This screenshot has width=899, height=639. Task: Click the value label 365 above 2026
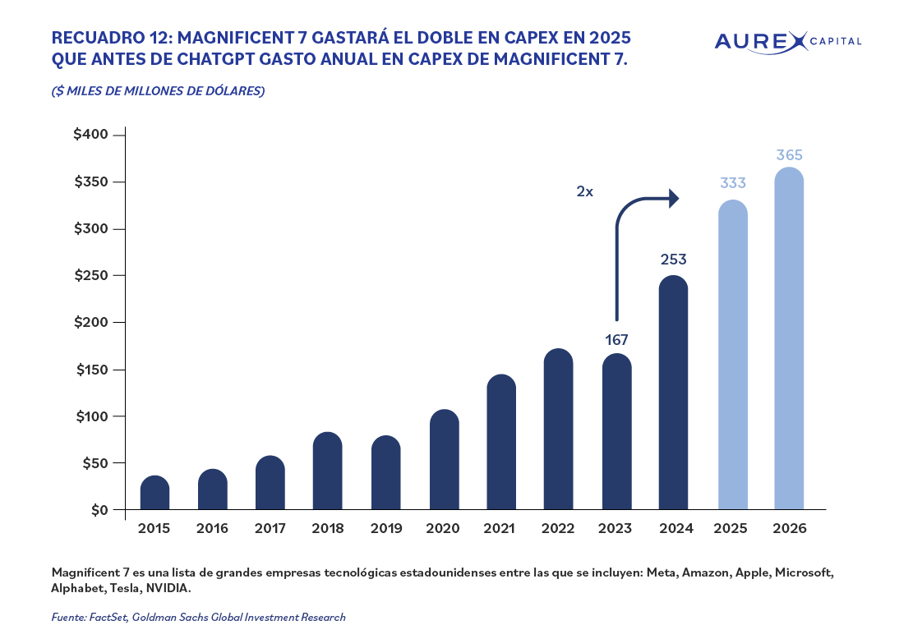click(x=789, y=154)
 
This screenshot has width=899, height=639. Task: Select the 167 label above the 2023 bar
click(x=615, y=339)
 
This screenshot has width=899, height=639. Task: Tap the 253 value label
click(x=673, y=260)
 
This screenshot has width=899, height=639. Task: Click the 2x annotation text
click(x=584, y=191)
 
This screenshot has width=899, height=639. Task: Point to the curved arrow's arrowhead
click(x=674, y=198)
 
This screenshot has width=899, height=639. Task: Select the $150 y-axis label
click(x=93, y=370)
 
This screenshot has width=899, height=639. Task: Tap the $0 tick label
click(x=100, y=510)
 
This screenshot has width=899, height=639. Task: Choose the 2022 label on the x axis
click(x=559, y=529)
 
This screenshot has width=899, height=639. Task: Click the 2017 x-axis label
click(x=270, y=529)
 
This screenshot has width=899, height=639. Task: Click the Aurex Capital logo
click(x=787, y=41)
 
